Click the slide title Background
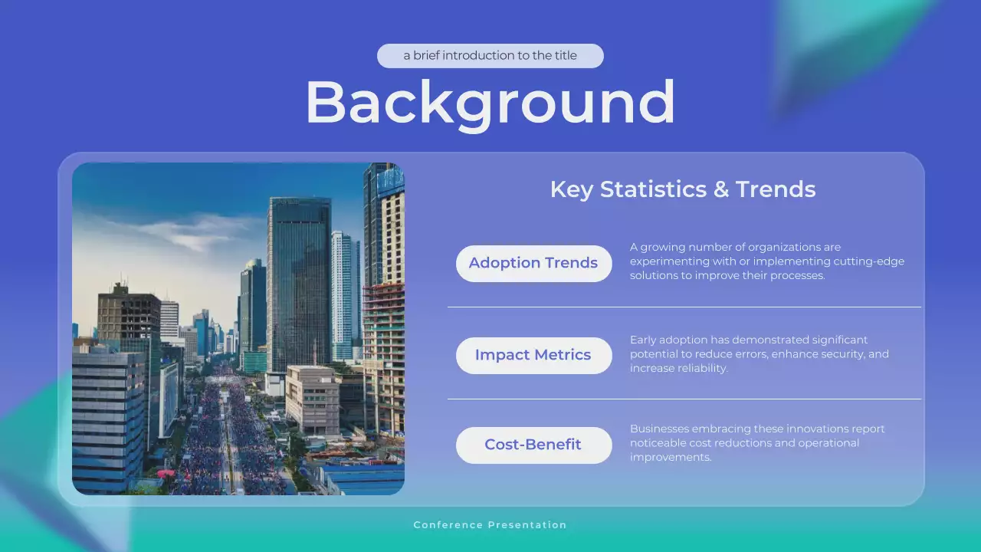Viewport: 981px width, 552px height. (490, 102)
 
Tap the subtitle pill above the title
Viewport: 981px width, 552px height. (490, 56)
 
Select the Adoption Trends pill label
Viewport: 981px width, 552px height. (533, 263)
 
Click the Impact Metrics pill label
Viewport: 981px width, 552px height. (533, 355)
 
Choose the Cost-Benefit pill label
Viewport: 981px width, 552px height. (533, 445)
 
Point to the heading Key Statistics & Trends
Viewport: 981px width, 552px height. (683, 189)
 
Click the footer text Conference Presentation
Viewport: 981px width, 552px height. (490, 525)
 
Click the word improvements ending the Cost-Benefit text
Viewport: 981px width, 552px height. (670, 457)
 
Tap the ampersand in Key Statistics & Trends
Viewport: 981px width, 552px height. (720, 189)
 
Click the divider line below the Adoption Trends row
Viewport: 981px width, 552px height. (684, 307)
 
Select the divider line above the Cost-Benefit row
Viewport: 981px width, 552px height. (684, 399)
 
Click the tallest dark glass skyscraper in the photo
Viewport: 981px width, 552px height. (299, 276)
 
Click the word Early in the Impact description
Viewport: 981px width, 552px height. (642, 340)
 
